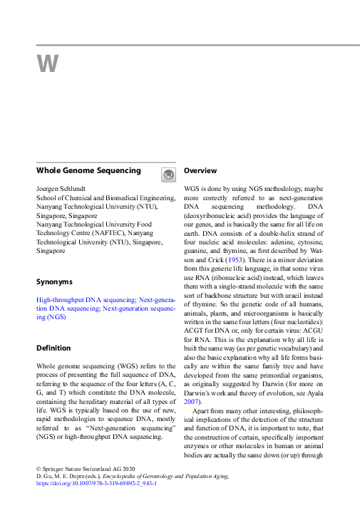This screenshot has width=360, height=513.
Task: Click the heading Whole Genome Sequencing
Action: point(88,171)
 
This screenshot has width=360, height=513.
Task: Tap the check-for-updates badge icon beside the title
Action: point(168,175)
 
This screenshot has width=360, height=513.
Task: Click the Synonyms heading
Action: point(54,282)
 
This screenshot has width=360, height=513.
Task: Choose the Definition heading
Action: point(53,348)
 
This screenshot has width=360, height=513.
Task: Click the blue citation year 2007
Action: point(193,401)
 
